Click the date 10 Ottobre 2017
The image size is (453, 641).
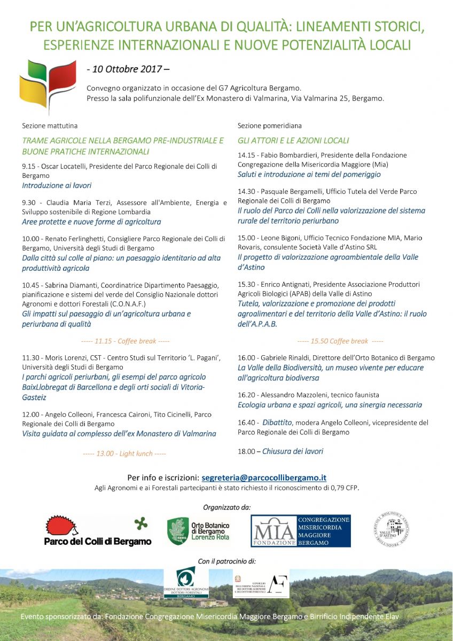(x=128, y=69)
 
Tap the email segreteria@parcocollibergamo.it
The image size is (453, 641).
(x=264, y=478)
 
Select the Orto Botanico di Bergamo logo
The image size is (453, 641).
(x=198, y=531)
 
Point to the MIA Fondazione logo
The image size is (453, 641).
(x=301, y=531)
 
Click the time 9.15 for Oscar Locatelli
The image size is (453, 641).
(x=28, y=166)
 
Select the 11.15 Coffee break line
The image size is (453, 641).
(x=124, y=341)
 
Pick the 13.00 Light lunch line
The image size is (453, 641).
(x=124, y=454)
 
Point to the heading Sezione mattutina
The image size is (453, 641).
(x=50, y=126)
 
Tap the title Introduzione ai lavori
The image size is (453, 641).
(x=57, y=185)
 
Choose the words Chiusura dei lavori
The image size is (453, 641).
(x=292, y=451)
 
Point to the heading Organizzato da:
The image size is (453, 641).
(x=226, y=506)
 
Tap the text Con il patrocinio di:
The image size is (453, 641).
(x=226, y=561)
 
